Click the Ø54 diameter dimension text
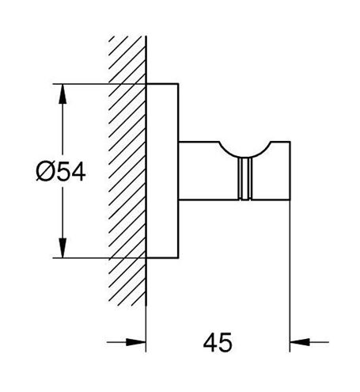[61, 172]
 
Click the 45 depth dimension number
[218, 342]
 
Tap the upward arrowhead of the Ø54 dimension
[63, 93]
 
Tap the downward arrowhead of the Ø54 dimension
[63, 248]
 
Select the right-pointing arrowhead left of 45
[136, 342]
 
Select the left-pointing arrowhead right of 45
[300, 342]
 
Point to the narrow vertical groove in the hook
[245, 178]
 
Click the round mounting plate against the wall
[162, 170]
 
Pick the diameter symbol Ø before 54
[44, 172]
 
